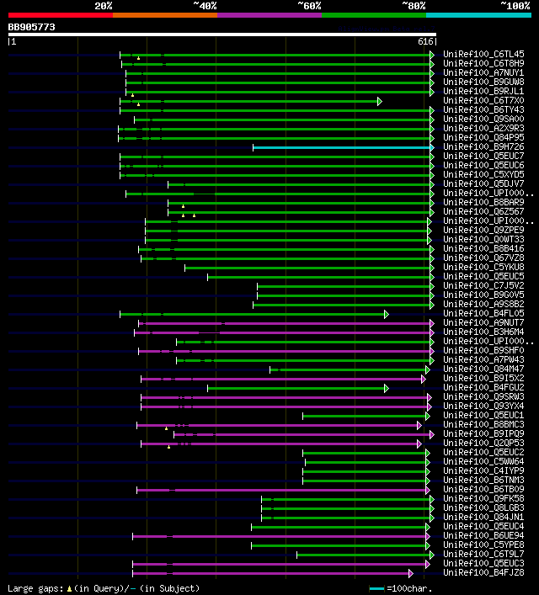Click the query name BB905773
pyautogui.click(x=32, y=27)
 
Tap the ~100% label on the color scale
pyautogui.click(x=515, y=5)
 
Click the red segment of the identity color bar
pyautogui.click(x=60, y=15)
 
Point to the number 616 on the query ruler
pyautogui.click(x=425, y=41)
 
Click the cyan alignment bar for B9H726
pyautogui.click(x=342, y=147)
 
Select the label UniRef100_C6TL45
pyautogui.click(x=483, y=54)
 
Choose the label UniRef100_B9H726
pyautogui.click(x=483, y=147)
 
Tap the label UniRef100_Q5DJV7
pyautogui.click(x=483, y=184)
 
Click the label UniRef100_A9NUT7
pyautogui.click(x=483, y=323)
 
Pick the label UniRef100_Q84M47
pyautogui.click(x=483, y=369)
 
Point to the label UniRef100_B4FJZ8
pyautogui.click(x=483, y=573)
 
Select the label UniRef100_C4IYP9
pyautogui.click(x=483, y=471)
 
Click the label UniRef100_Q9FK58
pyautogui.click(x=483, y=499)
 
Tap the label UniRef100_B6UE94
pyautogui.click(x=483, y=536)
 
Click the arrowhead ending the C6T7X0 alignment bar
pyautogui.click(x=380, y=101)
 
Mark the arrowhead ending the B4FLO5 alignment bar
pyautogui.click(x=386, y=314)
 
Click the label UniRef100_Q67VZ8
pyautogui.click(x=483, y=258)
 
